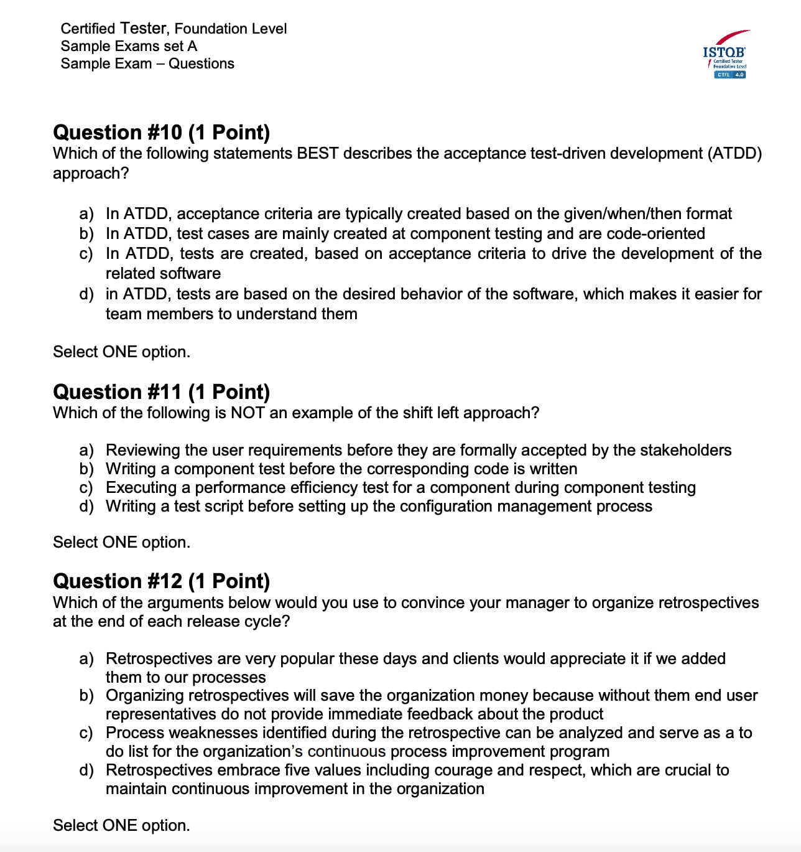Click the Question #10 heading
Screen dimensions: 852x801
coord(161,132)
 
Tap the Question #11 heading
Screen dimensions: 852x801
coord(161,391)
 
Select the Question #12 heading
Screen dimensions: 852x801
coord(161,581)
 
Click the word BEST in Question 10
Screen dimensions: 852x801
coord(318,153)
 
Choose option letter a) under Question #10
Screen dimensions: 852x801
coord(86,214)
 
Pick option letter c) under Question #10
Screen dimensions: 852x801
coord(86,254)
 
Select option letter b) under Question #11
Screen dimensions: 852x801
coord(86,469)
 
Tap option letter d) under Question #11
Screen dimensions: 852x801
coord(86,506)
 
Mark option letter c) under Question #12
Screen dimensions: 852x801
coord(86,733)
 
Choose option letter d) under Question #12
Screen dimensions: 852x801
coord(86,770)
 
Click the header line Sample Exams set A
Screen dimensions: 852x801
coord(129,46)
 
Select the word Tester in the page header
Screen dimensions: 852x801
coord(144,28)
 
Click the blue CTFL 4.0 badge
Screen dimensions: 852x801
coord(730,75)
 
